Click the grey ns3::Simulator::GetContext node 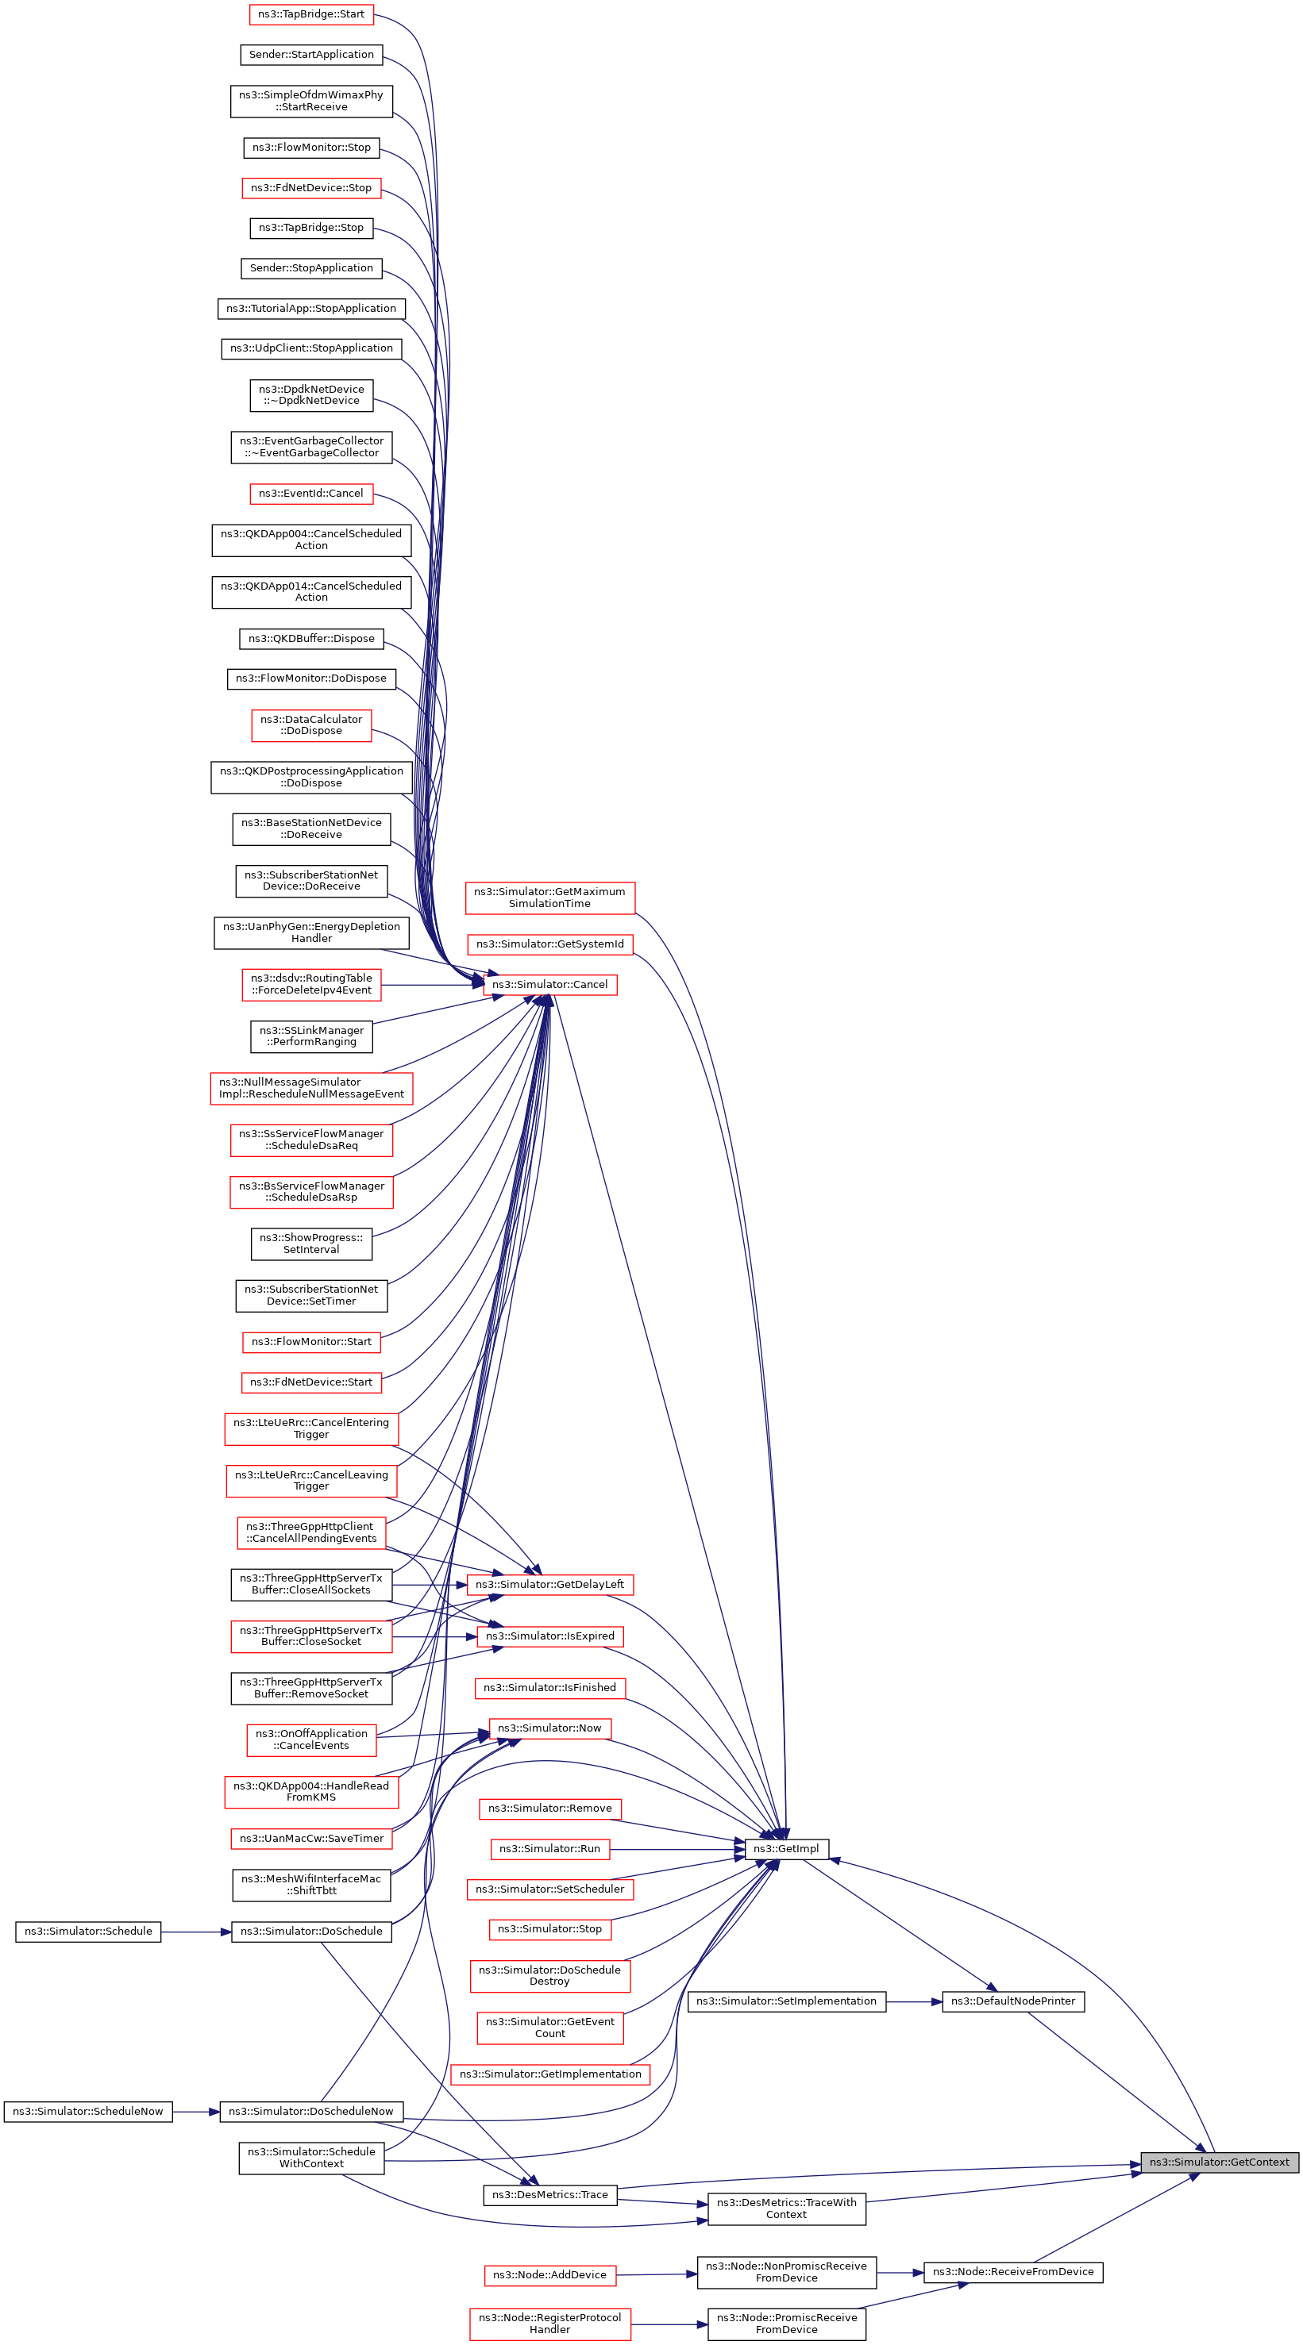click(1218, 2162)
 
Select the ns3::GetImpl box click(786, 1849)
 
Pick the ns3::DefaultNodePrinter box click(1012, 2001)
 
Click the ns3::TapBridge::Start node click(311, 14)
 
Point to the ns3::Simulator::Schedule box click(88, 1931)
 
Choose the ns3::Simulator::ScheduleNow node click(88, 2111)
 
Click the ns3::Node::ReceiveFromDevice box click(1012, 2271)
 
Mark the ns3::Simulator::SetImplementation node click(786, 2001)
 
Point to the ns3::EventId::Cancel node click(310, 494)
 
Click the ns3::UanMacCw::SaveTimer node click(311, 1838)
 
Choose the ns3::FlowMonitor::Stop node click(311, 148)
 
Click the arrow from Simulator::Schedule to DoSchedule click(196, 1931)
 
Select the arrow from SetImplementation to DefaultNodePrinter click(913, 2001)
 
